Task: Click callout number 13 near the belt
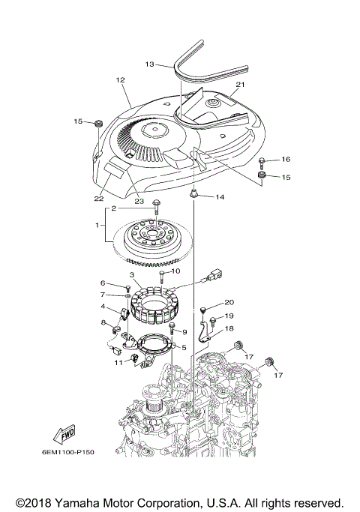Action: [149, 64]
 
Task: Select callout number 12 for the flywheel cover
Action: [119, 79]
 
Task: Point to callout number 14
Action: [220, 197]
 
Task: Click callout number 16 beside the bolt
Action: [286, 160]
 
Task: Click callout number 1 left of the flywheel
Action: [97, 224]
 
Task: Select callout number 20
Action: [229, 302]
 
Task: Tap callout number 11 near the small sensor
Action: [118, 362]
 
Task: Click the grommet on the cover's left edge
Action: [97, 123]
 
